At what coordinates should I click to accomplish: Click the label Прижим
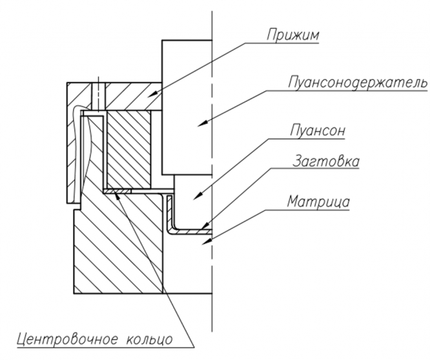(x=293, y=35)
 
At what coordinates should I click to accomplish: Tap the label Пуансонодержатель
(x=358, y=83)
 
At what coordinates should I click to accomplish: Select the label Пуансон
(x=318, y=131)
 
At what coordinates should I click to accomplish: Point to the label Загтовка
(x=326, y=161)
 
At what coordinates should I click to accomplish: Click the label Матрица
(x=319, y=202)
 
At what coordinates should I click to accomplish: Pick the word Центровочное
(x=67, y=339)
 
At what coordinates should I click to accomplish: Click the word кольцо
(x=149, y=340)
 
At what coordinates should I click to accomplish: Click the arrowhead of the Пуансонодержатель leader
(x=202, y=124)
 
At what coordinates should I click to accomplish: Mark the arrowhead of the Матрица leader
(x=206, y=242)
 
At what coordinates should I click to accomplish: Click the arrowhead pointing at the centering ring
(x=118, y=196)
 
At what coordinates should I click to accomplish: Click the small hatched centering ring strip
(x=118, y=191)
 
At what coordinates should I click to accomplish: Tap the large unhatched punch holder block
(x=187, y=107)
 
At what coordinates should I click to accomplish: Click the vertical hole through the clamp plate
(x=98, y=95)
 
